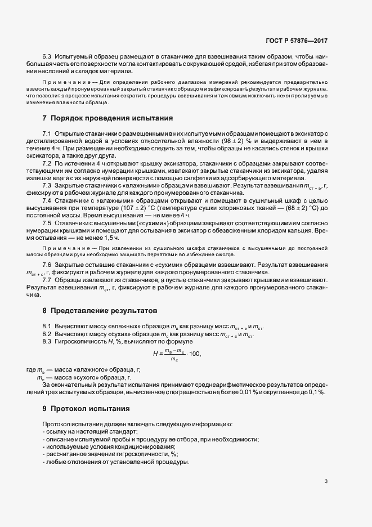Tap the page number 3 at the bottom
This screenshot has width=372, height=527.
[326, 481]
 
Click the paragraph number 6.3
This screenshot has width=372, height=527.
[47, 58]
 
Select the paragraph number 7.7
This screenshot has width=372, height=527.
[47, 280]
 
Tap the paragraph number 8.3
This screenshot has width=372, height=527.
[47, 341]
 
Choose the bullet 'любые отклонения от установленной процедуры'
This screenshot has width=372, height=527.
[116, 462]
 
